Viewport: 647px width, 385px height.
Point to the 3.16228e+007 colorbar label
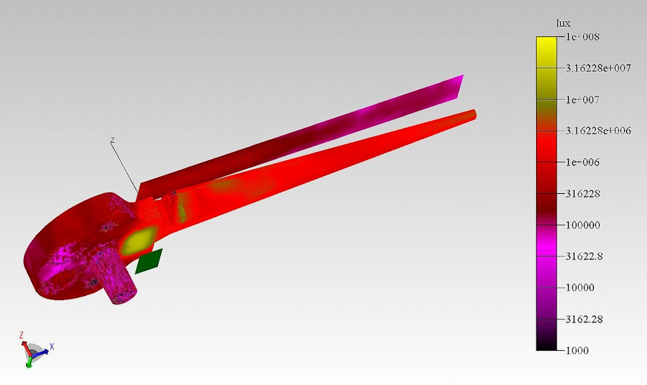[602, 68]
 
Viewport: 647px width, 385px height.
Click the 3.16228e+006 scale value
[602, 131]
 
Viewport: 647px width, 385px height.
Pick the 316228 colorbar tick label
[583, 194]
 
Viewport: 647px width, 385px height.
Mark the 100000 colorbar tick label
[583, 225]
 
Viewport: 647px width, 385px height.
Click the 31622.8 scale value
[585, 256]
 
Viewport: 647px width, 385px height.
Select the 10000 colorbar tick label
[581, 288]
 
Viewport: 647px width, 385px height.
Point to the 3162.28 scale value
[585, 319]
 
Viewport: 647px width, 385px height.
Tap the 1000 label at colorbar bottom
[578, 350]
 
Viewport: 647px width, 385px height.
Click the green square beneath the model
[149, 261]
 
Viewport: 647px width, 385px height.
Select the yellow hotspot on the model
[140, 239]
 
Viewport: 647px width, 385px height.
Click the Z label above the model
[112, 140]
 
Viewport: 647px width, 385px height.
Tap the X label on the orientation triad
[51, 347]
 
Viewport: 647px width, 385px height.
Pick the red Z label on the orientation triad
[21, 335]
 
